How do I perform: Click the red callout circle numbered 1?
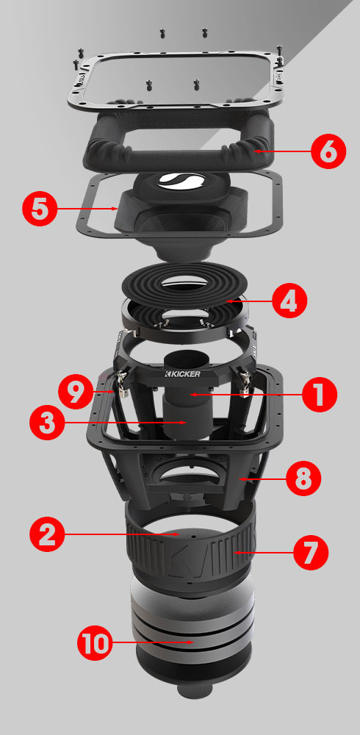[x=320, y=395]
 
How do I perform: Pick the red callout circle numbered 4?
[x=289, y=301]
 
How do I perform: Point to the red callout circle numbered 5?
[x=43, y=208]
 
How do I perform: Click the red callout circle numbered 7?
[x=312, y=552]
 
